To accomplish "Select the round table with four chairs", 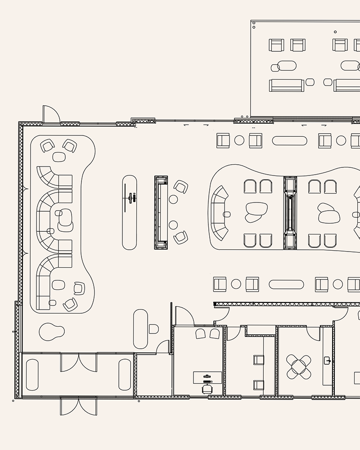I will click(299, 366).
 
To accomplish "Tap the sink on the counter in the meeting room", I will click(328, 360).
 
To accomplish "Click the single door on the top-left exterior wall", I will click(51, 114).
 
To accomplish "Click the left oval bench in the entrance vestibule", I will click(32, 375).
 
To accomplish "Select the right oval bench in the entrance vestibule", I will click(125, 375).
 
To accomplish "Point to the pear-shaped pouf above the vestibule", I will click(51, 332).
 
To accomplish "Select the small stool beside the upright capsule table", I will click(153, 329).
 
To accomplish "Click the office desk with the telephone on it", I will click(207, 377).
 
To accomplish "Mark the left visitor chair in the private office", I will click(200, 333).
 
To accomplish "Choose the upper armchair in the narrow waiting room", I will click(259, 360).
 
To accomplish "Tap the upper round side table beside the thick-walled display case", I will click(173, 199).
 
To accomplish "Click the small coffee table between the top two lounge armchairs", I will click(59, 157).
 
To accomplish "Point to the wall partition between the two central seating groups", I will click(290, 212).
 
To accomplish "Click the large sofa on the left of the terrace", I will click(287, 85).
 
